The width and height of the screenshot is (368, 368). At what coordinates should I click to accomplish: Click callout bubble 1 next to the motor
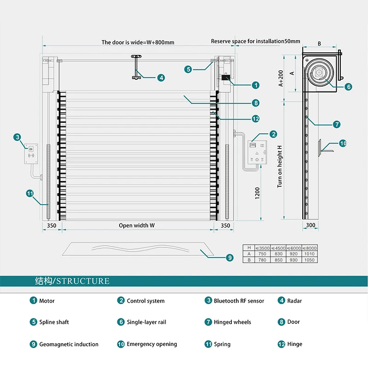tap(256, 85)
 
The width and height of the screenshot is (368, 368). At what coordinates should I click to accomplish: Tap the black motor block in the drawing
tap(225, 78)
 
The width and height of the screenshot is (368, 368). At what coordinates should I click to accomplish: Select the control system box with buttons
tap(257, 152)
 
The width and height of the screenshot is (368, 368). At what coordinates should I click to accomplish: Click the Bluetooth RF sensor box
tap(31, 154)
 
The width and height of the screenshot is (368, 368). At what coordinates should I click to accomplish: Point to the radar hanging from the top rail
tap(136, 67)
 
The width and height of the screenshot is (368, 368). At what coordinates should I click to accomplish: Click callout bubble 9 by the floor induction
tap(230, 258)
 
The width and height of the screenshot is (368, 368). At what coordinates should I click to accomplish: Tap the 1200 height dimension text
tap(258, 193)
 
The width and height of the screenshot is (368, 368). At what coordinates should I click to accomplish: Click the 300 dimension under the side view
tap(310, 225)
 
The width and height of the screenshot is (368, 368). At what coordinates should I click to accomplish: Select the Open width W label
tap(137, 225)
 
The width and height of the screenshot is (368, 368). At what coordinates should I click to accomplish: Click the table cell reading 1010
tap(309, 254)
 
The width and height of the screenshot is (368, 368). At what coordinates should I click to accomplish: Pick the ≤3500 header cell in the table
tap(262, 248)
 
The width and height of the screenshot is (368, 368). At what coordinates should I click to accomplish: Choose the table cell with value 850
tap(278, 260)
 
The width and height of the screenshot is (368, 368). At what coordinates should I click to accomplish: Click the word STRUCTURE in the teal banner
tap(83, 281)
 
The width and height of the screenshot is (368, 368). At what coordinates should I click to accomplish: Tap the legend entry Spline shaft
tap(54, 322)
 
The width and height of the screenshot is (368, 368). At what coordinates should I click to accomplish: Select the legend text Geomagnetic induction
tap(69, 344)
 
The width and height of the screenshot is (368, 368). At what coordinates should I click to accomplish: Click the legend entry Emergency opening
tap(152, 344)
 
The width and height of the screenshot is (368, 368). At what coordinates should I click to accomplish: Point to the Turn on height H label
tap(280, 167)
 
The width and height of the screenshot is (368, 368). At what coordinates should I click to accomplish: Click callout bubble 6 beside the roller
tap(349, 87)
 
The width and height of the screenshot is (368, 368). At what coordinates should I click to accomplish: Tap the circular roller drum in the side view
tap(319, 73)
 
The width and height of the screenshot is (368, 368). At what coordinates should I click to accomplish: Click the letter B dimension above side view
tap(319, 44)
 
